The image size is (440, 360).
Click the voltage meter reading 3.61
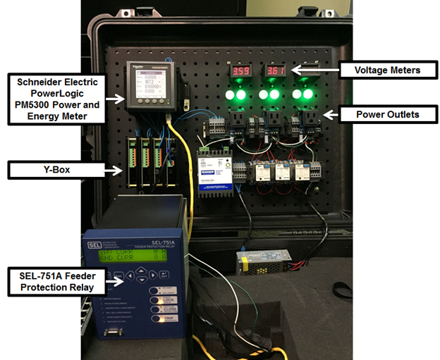[x=274, y=72]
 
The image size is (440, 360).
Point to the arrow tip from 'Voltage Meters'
[x=294, y=70]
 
